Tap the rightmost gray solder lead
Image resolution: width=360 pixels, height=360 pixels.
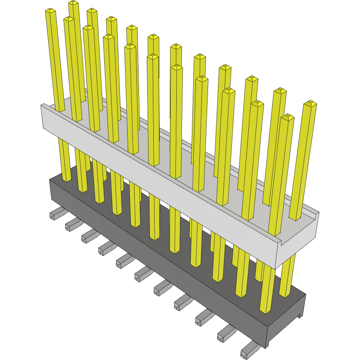tap(249, 349)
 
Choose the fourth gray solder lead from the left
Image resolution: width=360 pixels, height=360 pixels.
tap(106, 248)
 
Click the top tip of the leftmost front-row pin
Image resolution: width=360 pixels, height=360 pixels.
tap(51, 11)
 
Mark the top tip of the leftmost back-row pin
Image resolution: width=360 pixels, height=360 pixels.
tap(74, 3)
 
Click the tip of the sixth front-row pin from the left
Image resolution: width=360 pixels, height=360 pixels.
tap(152, 57)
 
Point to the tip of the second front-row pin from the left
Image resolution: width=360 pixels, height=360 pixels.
tap(69, 19)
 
